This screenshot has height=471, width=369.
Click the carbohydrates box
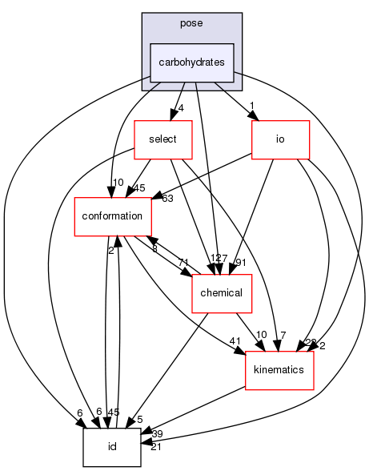point(191,62)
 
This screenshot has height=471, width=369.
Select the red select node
point(162,139)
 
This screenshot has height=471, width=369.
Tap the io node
point(280,139)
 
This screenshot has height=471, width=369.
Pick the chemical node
point(222,292)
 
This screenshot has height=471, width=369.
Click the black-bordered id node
point(112,446)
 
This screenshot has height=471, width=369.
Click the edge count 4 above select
point(182,108)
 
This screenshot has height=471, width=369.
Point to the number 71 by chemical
point(183,262)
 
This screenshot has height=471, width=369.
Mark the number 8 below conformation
point(154,248)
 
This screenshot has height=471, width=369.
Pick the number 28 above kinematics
point(311,343)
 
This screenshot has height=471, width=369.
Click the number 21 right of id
point(155,445)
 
